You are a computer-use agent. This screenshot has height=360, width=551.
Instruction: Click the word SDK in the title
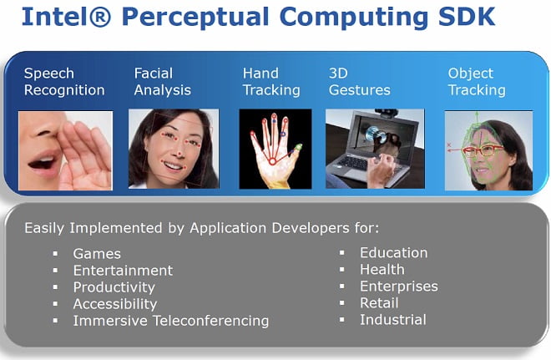467,17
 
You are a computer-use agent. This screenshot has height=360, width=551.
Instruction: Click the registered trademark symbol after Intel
100,17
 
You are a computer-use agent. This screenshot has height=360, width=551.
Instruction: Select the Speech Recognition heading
64,82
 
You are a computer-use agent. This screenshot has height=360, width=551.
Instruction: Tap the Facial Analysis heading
162,82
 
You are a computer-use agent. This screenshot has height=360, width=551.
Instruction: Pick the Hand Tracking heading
271,82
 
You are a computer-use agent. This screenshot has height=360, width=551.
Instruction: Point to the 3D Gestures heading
360,82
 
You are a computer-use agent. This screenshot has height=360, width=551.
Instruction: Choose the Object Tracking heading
477,82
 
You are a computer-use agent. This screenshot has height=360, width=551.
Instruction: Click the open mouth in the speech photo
43,163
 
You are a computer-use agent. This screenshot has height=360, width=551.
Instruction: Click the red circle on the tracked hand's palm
272,161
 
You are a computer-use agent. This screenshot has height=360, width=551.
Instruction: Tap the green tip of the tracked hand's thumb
298,147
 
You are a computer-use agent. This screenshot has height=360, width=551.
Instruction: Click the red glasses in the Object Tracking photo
483,150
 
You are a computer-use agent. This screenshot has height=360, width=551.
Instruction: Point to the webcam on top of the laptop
387,114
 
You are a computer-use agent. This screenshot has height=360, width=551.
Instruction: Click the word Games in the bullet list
97,254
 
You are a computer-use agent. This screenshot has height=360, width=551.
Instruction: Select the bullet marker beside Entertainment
56,271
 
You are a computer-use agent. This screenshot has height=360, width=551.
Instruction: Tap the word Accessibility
115,304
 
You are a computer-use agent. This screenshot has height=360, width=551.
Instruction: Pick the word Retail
379,303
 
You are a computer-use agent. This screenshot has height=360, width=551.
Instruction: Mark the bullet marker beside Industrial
342,320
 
